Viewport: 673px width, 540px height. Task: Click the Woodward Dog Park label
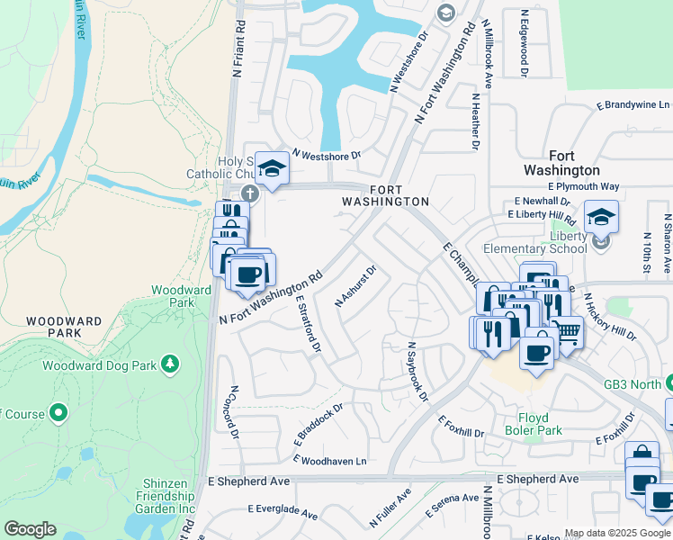(99, 365)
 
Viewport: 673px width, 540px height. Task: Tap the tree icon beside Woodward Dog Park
(167, 364)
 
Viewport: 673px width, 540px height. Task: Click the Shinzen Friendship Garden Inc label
(166, 502)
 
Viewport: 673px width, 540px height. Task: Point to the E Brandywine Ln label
(635, 105)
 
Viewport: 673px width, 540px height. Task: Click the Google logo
(30, 529)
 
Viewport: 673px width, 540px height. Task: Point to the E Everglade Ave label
(284, 511)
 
